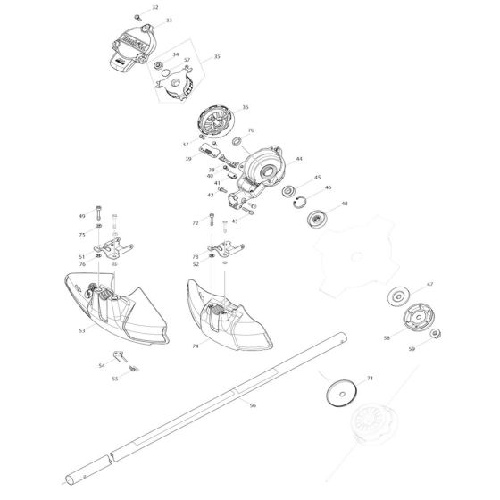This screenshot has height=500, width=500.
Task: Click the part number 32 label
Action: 155,7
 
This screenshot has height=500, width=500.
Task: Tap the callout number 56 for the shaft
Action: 253,405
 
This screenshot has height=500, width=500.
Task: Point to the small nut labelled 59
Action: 435,334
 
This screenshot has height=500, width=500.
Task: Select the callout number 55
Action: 139,379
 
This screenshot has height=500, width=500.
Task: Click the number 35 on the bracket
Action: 217,56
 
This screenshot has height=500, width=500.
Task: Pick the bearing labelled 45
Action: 290,190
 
